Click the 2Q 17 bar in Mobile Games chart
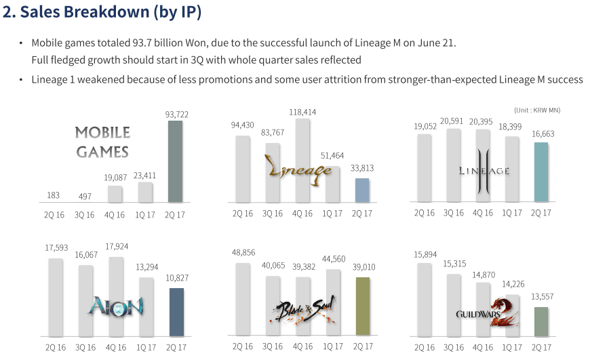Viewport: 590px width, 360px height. [x=176, y=161]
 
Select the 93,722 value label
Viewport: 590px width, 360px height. [x=176, y=115]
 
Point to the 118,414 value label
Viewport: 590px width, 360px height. [x=303, y=112]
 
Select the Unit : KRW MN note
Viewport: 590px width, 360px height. [x=537, y=110]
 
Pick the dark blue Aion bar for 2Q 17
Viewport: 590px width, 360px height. [x=176, y=312]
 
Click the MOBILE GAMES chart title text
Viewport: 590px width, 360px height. [x=102, y=142]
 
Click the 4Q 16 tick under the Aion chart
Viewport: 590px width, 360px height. [x=115, y=346]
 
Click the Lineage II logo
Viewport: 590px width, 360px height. [x=482, y=170]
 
